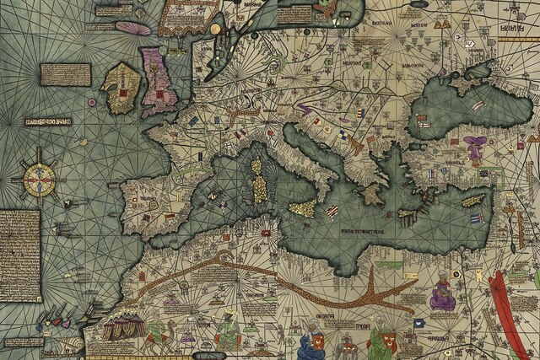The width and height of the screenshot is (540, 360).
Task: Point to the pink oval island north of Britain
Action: point(132,27)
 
